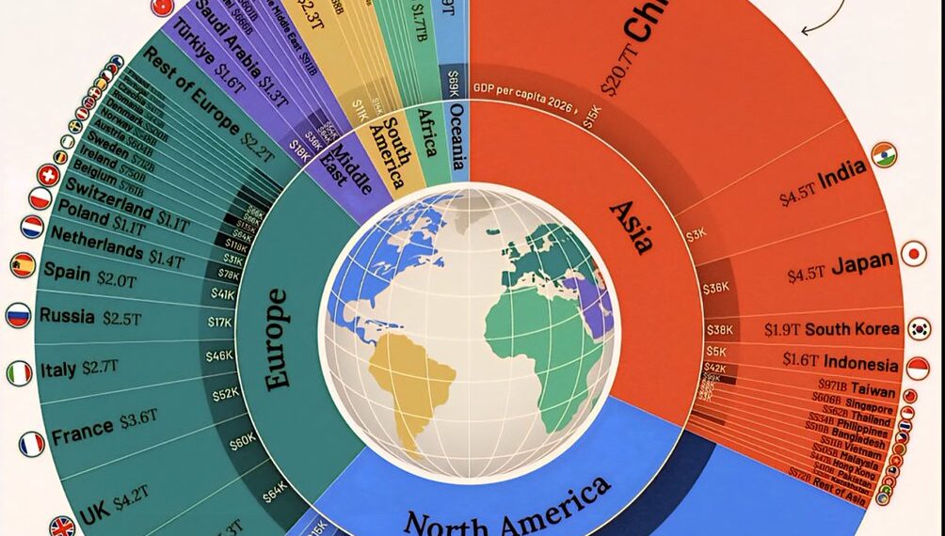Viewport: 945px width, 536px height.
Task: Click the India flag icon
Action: pos(884,155)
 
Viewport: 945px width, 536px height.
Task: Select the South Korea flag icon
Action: pos(919,329)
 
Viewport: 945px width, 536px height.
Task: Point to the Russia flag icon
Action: pos(18,315)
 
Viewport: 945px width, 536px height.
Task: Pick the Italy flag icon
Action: pos(20,374)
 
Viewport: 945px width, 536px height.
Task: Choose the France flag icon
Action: pos(31,444)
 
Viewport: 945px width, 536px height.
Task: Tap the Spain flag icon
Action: pos(23,265)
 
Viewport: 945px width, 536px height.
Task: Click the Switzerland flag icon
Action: pos(47,175)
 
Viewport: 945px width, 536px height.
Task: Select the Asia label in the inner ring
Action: pos(631,227)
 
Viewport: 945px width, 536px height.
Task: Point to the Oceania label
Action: pos(457,142)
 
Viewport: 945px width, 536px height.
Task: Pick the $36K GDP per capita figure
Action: pos(717,287)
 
